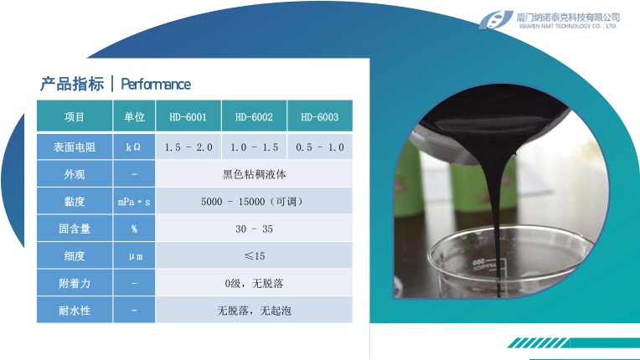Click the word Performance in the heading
tap(156, 84)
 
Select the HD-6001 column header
tap(188, 116)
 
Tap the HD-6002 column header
tap(254, 116)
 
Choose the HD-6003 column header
tap(320, 116)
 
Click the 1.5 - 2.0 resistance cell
tap(188, 147)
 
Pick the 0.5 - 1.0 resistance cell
tap(320, 147)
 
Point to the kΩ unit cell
tap(134, 147)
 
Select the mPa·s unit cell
tap(134, 202)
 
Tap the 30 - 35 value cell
tap(254, 229)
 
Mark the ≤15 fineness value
tap(254, 256)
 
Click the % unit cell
tap(134, 229)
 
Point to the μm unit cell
tap(134, 256)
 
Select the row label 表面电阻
tap(75, 147)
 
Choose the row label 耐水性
tap(75, 311)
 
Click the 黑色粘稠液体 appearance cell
tap(254, 174)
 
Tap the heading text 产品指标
tap(72, 84)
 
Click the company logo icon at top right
tap(496, 19)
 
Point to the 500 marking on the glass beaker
tap(478, 261)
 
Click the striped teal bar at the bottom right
tap(574, 343)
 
